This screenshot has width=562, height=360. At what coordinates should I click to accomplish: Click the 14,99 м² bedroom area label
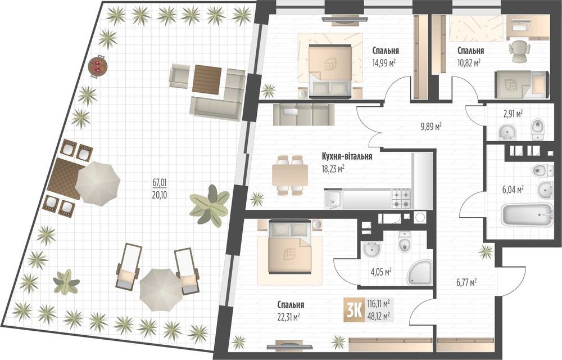[x=384, y=64]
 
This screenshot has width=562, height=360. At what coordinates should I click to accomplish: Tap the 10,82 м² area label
[x=469, y=64]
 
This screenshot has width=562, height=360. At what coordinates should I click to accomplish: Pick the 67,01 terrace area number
[x=160, y=182]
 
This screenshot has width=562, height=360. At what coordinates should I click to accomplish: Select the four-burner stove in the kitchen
[x=401, y=198]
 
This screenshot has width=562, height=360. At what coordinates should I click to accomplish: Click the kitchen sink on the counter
[x=333, y=199]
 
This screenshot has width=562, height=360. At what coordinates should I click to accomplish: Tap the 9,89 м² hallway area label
[x=430, y=125]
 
